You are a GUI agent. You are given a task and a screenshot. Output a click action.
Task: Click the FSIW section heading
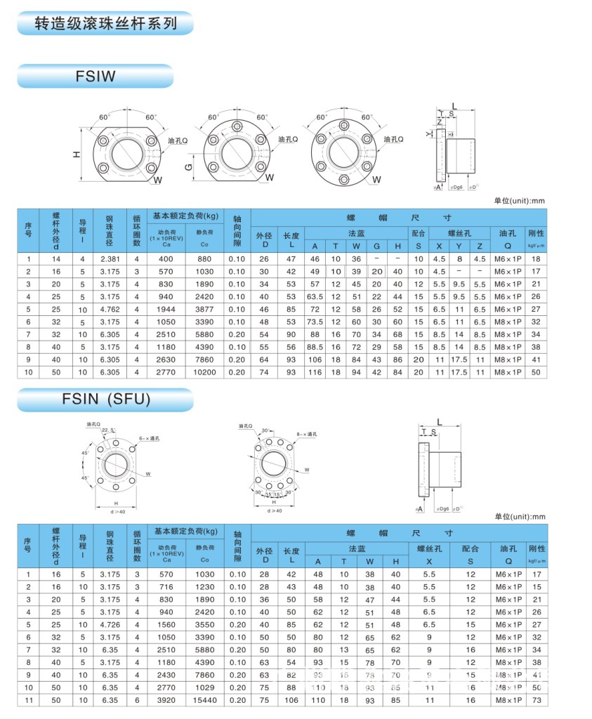point(96,76)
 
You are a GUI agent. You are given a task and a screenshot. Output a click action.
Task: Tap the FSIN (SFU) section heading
point(106,400)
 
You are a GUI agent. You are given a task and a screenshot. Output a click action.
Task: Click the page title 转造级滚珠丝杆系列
point(106,24)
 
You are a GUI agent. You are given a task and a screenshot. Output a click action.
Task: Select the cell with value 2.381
point(110,259)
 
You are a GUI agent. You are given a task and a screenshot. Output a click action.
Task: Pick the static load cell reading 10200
point(204,371)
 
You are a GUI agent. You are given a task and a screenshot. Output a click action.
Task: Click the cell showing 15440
point(204,700)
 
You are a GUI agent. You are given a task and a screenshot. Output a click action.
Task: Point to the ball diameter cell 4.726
point(110,624)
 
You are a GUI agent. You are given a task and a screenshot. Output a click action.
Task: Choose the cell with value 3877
point(204,309)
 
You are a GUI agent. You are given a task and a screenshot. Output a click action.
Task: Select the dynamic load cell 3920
point(166,700)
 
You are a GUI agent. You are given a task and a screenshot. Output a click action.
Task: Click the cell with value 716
point(166,586)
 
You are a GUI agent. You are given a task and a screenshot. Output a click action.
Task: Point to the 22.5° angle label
point(109,430)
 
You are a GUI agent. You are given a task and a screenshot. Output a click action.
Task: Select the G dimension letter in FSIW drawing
point(188,166)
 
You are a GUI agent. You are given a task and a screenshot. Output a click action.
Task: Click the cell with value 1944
point(166,309)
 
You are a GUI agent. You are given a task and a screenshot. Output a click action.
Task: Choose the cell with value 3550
point(204,624)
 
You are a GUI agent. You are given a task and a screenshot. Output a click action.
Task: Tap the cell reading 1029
point(204,687)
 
